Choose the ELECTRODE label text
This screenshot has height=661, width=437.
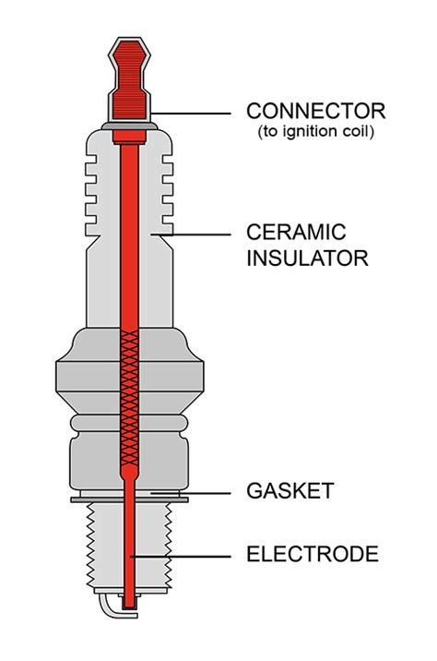(x=313, y=555)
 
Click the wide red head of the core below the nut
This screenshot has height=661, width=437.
(x=129, y=137)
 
